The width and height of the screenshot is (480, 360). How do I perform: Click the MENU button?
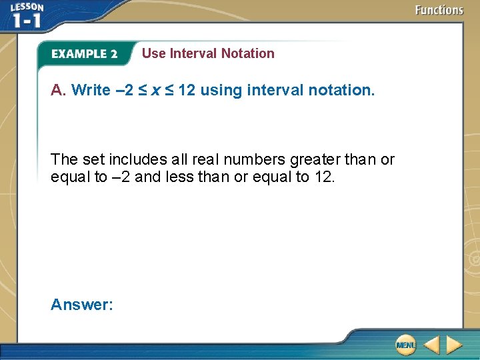(x=405, y=345)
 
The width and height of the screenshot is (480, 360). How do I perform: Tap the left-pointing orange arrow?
(x=431, y=345)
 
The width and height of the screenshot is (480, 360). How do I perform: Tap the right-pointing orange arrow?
(x=454, y=345)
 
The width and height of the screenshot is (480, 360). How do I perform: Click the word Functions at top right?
(x=439, y=10)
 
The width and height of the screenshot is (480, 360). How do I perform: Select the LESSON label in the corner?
(x=27, y=7)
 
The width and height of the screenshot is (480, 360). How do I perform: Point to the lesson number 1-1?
(x=27, y=20)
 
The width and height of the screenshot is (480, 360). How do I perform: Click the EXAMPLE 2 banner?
(x=84, y=54)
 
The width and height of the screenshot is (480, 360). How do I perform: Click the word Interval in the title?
(x=193, y=53)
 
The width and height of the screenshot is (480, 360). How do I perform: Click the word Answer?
(x=82, y=305)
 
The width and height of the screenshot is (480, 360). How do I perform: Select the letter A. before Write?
(x=59, y=90)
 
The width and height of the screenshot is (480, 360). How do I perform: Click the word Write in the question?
(x=91, y=90)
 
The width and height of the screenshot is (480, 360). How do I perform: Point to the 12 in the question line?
(x=187, y=90)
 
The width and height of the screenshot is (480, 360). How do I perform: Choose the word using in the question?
(x=221, y=90)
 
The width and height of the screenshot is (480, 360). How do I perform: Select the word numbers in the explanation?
(x=255, y=160)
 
